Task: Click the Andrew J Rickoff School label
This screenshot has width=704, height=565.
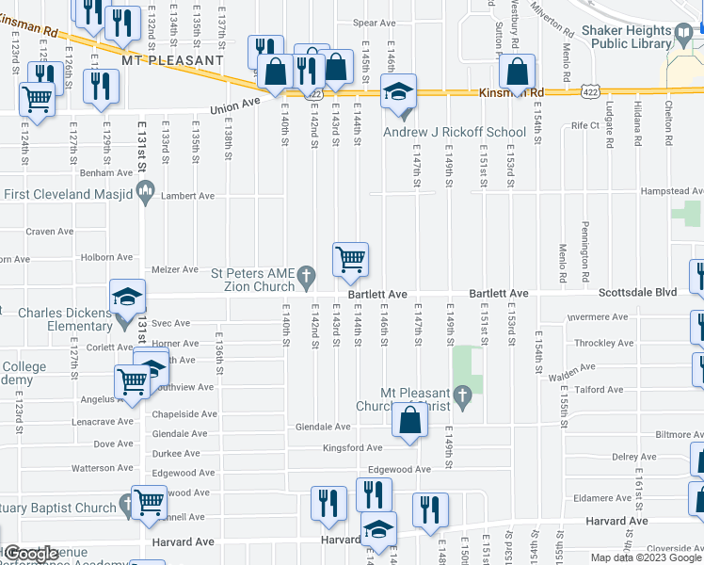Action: point(454,132)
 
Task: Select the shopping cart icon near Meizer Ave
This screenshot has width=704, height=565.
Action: point(350,257)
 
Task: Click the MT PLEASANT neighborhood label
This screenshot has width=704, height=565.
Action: point(172,60)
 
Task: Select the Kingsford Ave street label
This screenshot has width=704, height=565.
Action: point(353,448)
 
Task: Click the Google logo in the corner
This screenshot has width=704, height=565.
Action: point(31,554)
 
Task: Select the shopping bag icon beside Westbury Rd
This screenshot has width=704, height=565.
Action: point(518,71)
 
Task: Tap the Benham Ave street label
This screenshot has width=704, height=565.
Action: point(106,173)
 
